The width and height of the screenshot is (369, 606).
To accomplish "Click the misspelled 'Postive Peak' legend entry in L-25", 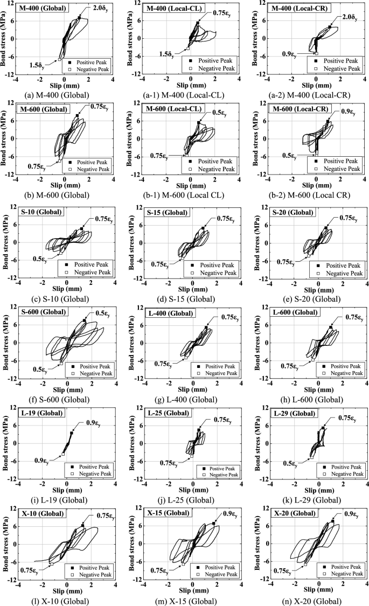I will point(213,466).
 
